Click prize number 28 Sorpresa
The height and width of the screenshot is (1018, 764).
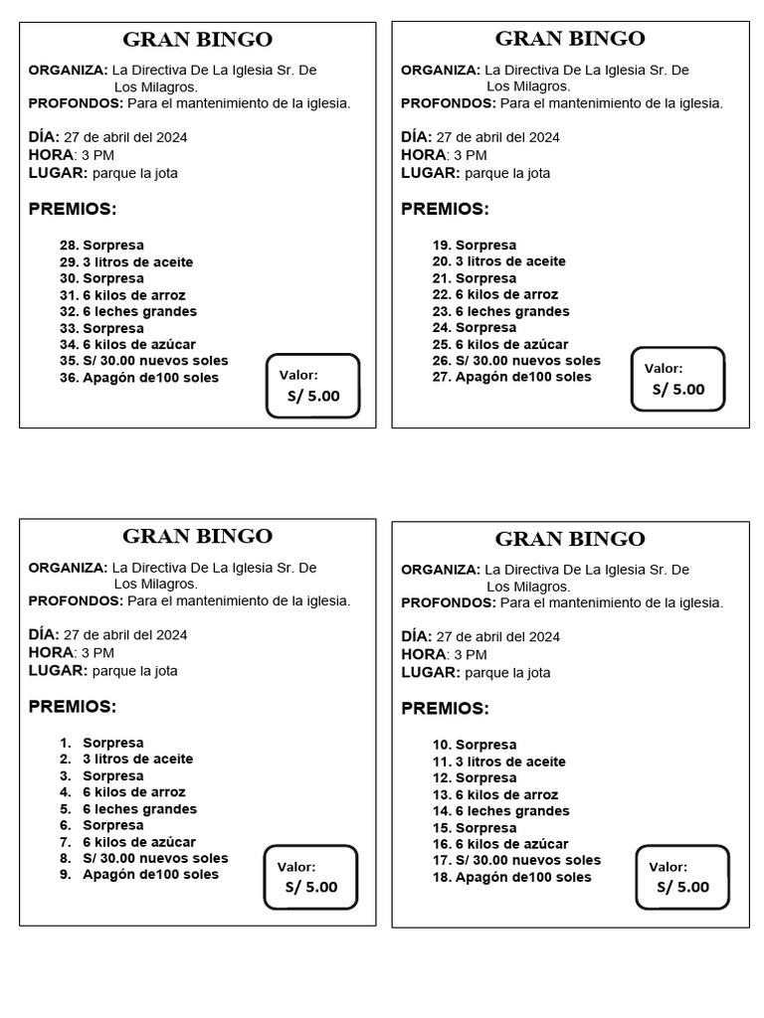101,246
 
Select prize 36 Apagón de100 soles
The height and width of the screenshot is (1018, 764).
139,378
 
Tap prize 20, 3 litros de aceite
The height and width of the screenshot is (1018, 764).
498,261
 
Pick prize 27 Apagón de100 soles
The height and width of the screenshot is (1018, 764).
511,377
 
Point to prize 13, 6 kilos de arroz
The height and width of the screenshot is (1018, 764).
494,794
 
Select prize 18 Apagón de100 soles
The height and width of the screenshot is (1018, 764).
511,877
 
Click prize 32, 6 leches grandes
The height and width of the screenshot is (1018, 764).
128,311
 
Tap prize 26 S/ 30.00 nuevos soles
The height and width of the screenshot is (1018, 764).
516,361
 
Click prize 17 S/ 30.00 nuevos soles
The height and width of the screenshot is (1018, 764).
516,860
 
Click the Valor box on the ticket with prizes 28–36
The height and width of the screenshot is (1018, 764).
312,386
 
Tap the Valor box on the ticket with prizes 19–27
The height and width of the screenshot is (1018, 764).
678,379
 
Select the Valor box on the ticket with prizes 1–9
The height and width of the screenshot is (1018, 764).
310,877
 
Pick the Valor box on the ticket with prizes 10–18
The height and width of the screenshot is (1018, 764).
682,877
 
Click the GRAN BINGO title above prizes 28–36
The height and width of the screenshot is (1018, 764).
197,40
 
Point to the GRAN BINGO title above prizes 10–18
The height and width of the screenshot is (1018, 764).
570,539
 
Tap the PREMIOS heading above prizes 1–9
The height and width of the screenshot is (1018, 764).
73,707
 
